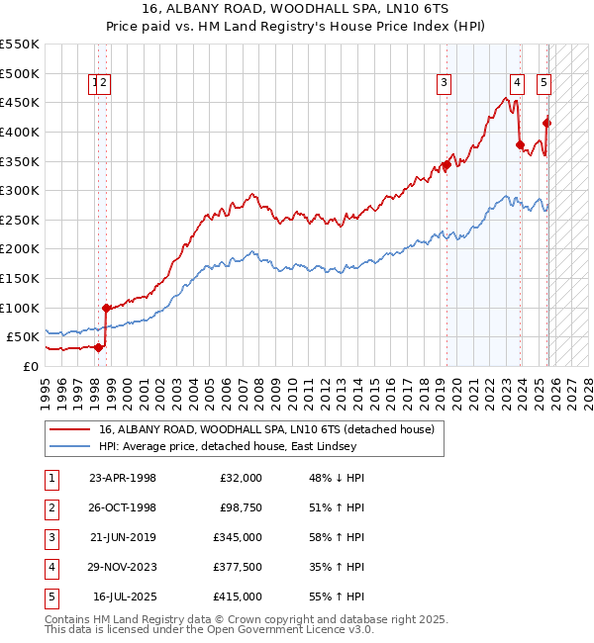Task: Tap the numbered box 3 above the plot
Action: [x=445, y=84]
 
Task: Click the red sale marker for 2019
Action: [x=446, y=165]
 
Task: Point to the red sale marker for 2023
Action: [x=521, y=145]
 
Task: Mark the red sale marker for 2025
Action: [x=547, y=124]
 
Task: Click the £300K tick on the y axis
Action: [x=20, y=190]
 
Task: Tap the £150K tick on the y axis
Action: [x=20, y=278]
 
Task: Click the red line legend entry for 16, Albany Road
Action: [x=266, y=430]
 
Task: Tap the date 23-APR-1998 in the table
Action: [x=123, y=478]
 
